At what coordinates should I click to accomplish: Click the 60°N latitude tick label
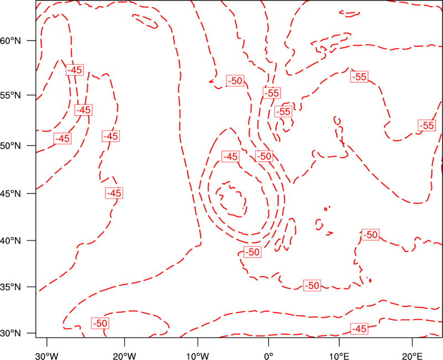click(x=11, y=41)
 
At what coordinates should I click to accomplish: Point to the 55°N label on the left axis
click(x=11, y=95)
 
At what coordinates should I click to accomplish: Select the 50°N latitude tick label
click(x=11, y=146)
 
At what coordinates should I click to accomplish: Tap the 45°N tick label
click(x=11, y=193)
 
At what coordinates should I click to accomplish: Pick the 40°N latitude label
click(x=11, y=241)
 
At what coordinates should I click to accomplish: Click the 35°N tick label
click(x=11, y=287)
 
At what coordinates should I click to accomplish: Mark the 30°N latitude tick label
click(x=11, y=333)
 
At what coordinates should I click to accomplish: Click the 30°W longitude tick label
click(x=47, y=356)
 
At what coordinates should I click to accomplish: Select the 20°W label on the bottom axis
click(x=125, y=356)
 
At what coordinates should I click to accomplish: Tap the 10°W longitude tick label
click(x=198, y=356)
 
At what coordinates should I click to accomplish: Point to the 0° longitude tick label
click(x=269, y=356)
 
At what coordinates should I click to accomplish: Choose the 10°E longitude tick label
click(x=339, y=356)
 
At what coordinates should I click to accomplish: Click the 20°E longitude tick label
click(x=412, y=356)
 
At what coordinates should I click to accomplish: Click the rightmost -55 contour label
click(x=426, y=125)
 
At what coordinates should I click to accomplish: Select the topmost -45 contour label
click(x=75, y=70)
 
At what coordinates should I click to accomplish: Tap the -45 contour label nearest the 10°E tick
click(x=359, y=328)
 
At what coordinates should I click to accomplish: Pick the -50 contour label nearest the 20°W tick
click(x=100, y=323)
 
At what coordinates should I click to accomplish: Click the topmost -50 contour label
click(x=235, y=81)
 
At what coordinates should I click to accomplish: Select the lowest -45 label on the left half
click(x=114, y=193)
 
